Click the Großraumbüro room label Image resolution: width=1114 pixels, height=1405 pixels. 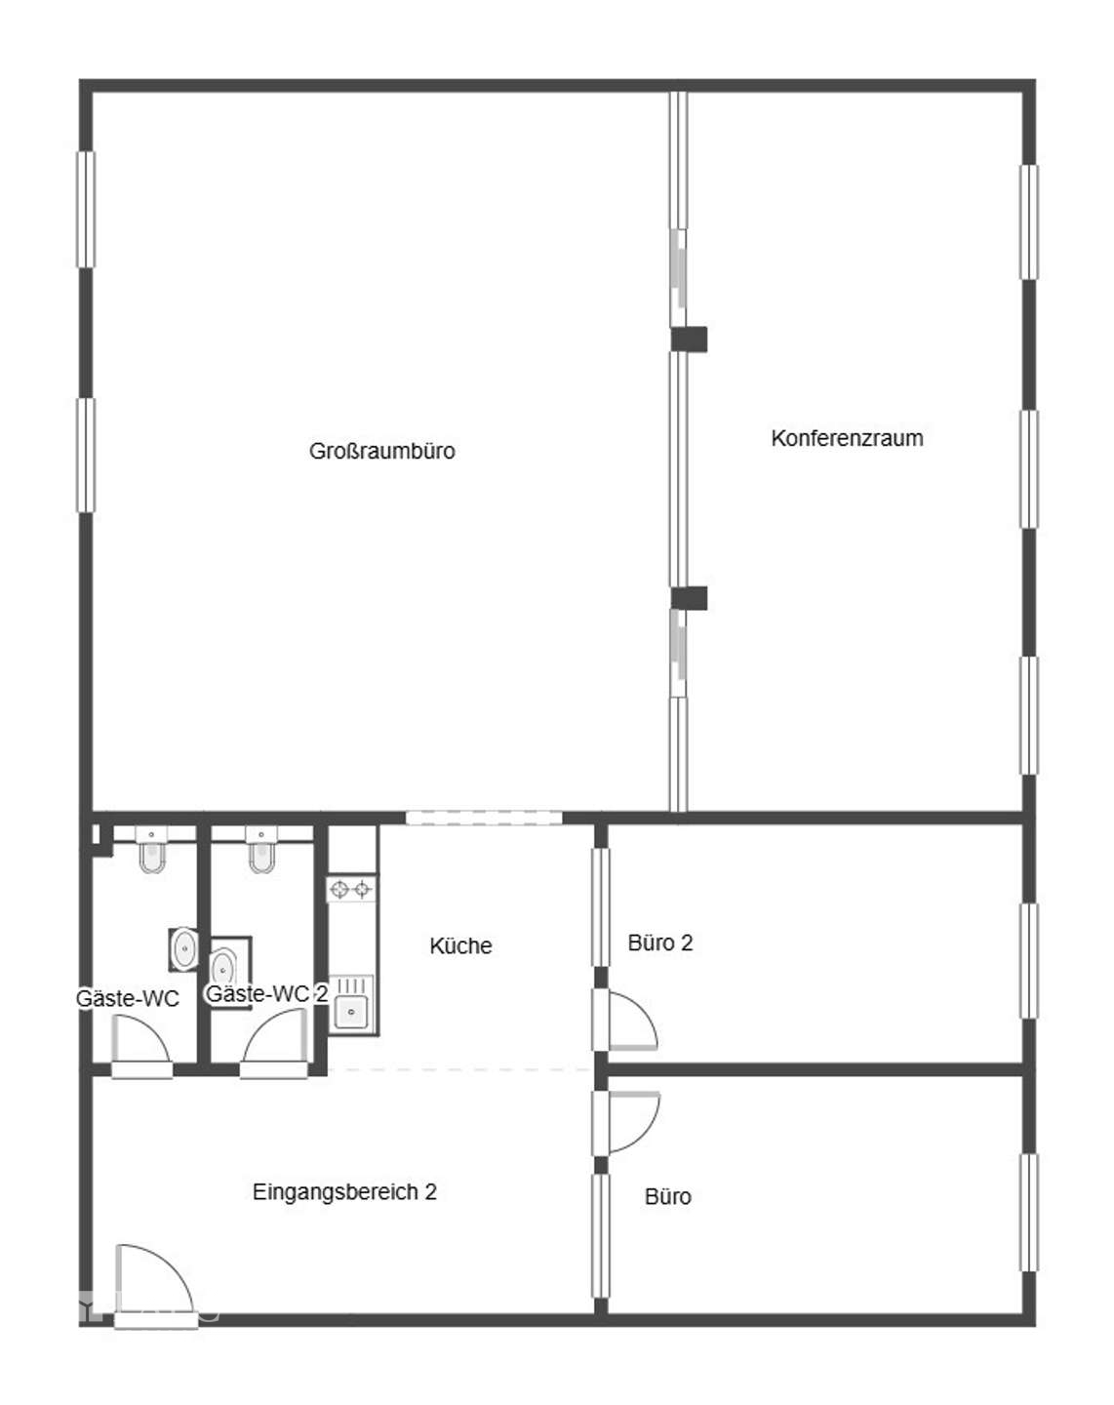coord(382,451)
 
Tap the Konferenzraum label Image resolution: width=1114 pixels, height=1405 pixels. coord(847,438)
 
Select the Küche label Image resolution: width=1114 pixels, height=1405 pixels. coord(460,945)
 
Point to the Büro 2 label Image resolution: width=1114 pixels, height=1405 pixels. coord(660,943)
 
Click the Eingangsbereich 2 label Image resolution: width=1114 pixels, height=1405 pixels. coord(344,1191)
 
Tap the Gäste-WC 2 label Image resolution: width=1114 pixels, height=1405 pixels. coord(266,993)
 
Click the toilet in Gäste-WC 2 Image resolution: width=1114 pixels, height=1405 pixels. coord(261,850)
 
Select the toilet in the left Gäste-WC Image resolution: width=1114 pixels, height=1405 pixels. coord(152,850)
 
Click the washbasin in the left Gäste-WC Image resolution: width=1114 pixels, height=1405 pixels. coord(183,948)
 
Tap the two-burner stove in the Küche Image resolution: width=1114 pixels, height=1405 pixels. coord(351,889)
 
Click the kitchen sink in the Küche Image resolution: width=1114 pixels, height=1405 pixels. coord(351,1004)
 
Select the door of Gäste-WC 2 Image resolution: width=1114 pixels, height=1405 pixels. coord(274,1043)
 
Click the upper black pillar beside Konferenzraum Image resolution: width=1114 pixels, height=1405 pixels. coord(689,340)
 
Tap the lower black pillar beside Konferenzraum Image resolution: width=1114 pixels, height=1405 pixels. coord(689,598)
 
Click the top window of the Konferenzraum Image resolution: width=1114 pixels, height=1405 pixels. coord(1029,222)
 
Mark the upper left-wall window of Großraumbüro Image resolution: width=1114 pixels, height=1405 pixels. coord(86,210)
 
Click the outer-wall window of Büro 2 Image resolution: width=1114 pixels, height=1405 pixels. coord(1029,960)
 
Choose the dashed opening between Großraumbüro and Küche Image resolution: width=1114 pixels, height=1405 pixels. coord(484,818)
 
